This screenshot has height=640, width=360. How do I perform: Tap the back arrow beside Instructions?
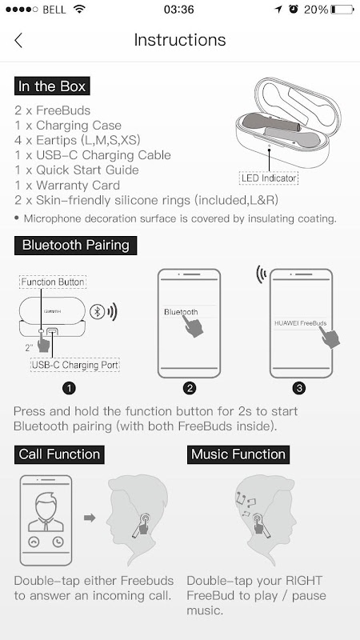tap(18, 41)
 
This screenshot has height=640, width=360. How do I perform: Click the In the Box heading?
tap(52, 86)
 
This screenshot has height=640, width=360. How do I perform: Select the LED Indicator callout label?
tap(269, 178)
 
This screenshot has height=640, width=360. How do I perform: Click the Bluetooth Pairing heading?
tap(75, 246)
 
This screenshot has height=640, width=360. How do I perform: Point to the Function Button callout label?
tap(53, 282)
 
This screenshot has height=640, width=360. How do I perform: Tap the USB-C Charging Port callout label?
tap(75, 365)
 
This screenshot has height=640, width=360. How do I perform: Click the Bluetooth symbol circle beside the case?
tap(97, 312)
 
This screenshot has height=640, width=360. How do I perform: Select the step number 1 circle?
tap(69, 388)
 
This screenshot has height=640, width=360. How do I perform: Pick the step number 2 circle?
tap(190, 388)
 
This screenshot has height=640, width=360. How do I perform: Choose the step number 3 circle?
tap(299, 388)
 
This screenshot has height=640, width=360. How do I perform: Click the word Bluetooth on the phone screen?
tap(181, 312)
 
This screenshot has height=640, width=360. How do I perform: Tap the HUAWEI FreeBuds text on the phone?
tap(301, 323)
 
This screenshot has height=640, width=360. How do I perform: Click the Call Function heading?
tap(59, 454)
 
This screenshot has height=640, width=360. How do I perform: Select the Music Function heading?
tap(238, 454)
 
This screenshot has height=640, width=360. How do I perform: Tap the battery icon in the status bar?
tap(342, 10)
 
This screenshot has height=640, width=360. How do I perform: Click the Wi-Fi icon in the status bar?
tap(78, 9)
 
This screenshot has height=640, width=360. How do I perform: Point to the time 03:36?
tap(178, 10)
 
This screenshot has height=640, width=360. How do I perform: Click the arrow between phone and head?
tap(90, 518)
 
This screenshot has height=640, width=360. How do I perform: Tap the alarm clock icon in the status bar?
tap(294, 9)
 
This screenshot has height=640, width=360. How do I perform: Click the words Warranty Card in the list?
tap(78, 186)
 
